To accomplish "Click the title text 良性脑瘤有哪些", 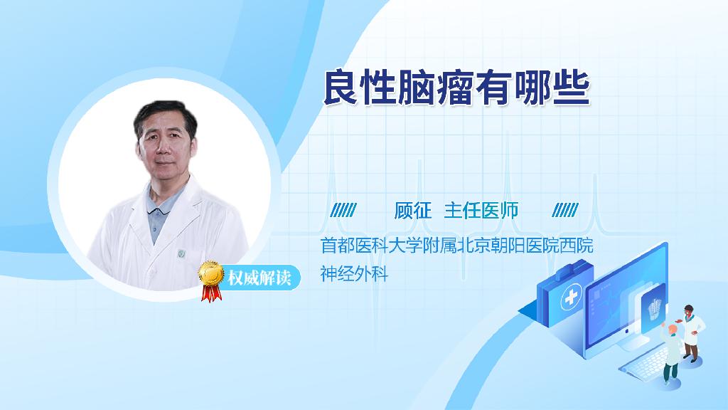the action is (x=456, y=88).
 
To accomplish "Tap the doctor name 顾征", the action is (x=413, y=211).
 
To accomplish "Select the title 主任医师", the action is (x=481, y=211).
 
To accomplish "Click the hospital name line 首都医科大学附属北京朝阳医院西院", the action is (x=457, y=246).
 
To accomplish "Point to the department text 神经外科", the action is (x=354, y=273).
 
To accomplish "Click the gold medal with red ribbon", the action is (x=211, y=280).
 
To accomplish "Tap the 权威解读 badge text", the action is (x=259, y=278).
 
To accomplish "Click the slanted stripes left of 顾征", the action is (x=343, y=210).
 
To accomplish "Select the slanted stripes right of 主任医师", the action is (x=565, y=210).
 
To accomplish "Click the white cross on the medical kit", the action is (x=571, y=297).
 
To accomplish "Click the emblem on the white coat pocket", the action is (x=181, y=254).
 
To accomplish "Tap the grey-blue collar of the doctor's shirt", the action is (x=160, y=204).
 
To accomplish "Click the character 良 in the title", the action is (x=341, y=88).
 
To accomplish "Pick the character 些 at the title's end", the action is (x=572, y=88).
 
